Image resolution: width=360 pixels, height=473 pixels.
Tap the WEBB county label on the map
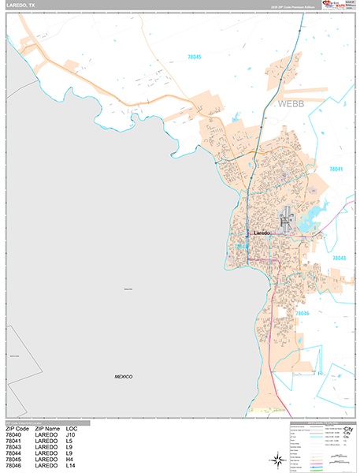[x=290, y=103]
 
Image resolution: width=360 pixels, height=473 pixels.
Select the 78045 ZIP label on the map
[x=195, y=58]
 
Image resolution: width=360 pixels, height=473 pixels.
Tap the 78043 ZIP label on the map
[x=340, y=258]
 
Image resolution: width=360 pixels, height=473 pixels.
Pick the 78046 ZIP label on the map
[x=303, y=313]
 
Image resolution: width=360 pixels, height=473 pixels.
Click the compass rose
[x=276, y=459]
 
